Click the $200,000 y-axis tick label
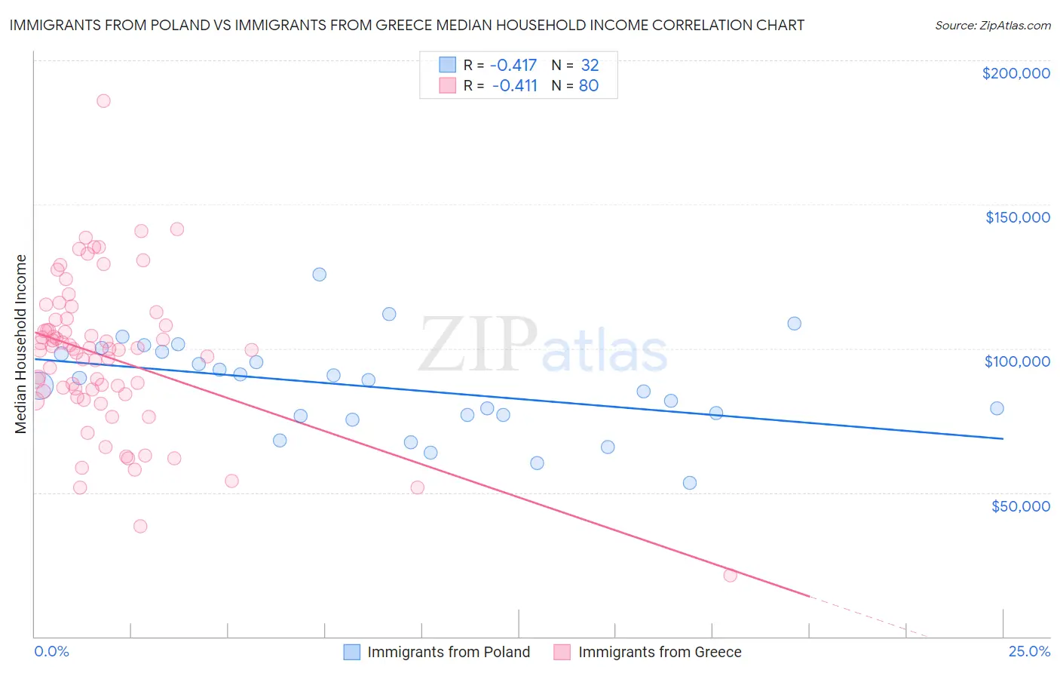pyautogui.click(x=1016, y=73)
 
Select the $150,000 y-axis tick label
pyautogui.click(x=1017, y=217)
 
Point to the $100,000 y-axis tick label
pyautogui.click(x=1017, y=361)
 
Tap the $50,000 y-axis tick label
pyautogui.click(x=1020, y=506)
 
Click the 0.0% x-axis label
pyautogui.click(x=51, y=651)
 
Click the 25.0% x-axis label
pyautogui.click(x=1029, y=651)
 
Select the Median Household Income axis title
pyautogui.click(x=21, y=344)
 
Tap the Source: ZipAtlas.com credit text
pyautogui.click(x=992, y=25)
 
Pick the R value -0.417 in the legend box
pyautogui.click(x=514, y=65)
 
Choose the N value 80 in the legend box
pyautogui.click(x=588, y=85)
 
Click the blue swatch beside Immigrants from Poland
pyautogui.click(x=351, y=652)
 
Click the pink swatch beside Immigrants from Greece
pyautogui.click(x=562, y=652)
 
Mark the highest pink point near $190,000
pyautogui.click(x=103, y=101)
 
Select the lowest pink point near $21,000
pyautogui.click(x=730, y=576)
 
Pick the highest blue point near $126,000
pyautogui.click(x=320, y=275)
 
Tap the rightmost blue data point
pyautogui.click(x=997, y=408)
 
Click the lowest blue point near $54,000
pyautogui.click(x=690, y=483)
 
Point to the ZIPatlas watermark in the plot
pyautogui.click(x=543, y=346)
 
